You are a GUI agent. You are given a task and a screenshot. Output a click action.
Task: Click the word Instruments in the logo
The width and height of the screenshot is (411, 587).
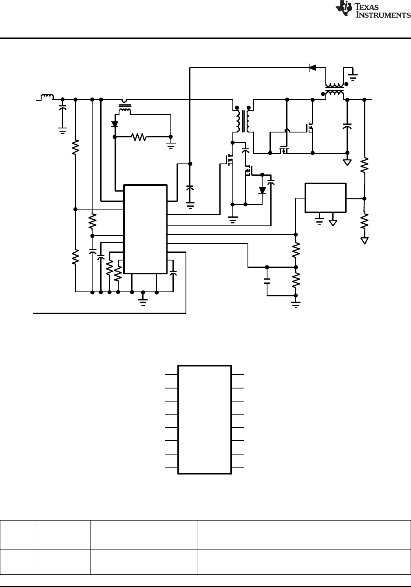(x=384, y=15)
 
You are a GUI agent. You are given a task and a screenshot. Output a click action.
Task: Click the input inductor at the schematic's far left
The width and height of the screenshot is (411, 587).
(x=47, y=97)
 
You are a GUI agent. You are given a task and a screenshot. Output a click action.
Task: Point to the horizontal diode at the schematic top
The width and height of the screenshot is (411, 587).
(x=313, y=68)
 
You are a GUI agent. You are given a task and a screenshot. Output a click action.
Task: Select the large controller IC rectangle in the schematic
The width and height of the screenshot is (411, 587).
(x=145, y=229)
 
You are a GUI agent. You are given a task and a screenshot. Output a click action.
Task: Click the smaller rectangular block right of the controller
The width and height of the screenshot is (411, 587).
(x=325, y=198)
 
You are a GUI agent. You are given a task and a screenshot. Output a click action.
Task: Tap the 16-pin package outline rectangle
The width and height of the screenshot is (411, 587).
(x=205, y=419)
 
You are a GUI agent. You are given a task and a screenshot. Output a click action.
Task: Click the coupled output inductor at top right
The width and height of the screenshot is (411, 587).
(x=334, y=90)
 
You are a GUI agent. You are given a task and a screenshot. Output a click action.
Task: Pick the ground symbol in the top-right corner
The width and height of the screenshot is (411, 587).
(x=353, y=75)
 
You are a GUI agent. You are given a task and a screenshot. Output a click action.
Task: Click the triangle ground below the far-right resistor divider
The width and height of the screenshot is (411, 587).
(x=364, y=241)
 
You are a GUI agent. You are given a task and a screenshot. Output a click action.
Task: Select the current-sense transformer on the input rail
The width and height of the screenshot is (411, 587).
(x=125, y=107)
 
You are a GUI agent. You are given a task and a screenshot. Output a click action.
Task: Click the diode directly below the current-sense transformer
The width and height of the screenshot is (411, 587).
(x=115, y=124)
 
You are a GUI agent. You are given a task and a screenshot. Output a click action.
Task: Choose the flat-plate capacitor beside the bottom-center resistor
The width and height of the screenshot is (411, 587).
(x=267, y=281)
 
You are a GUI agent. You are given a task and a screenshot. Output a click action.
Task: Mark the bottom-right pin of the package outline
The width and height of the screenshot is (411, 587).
(x=238, y=467)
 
